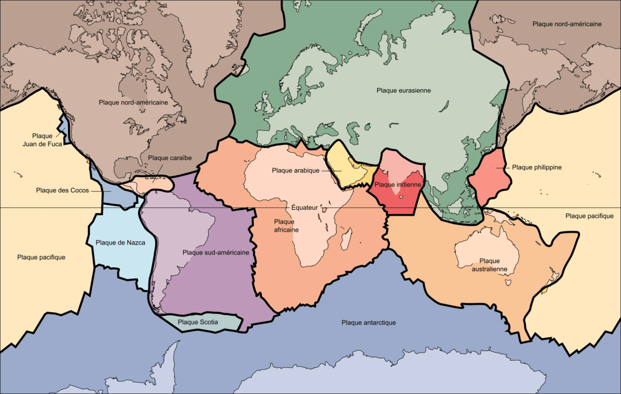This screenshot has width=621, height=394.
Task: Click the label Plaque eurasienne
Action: tap(403, 90)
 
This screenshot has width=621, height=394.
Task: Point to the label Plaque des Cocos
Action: tap(62, 190)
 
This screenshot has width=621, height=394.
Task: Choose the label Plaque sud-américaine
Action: tap(215, 252)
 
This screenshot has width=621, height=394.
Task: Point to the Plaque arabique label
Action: tap(296, 170)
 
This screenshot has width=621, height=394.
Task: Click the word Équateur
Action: tap(304, 207)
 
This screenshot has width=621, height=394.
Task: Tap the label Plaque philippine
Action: tap(537, 167)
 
